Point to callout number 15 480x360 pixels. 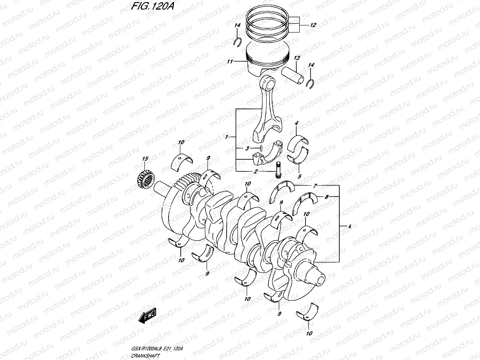(x=145, y=159)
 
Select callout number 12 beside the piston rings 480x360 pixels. (x=313, y=25)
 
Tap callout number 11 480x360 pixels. (x=230, y=62)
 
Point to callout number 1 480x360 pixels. (x=226, y=137)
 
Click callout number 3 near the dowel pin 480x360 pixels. (x=247, y=148)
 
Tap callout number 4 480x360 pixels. (x=296, y=123)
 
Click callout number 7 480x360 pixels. (x=316, y=185)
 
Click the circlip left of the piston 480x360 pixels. (x=237, y=41)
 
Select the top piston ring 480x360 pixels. (x=267, y=17)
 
